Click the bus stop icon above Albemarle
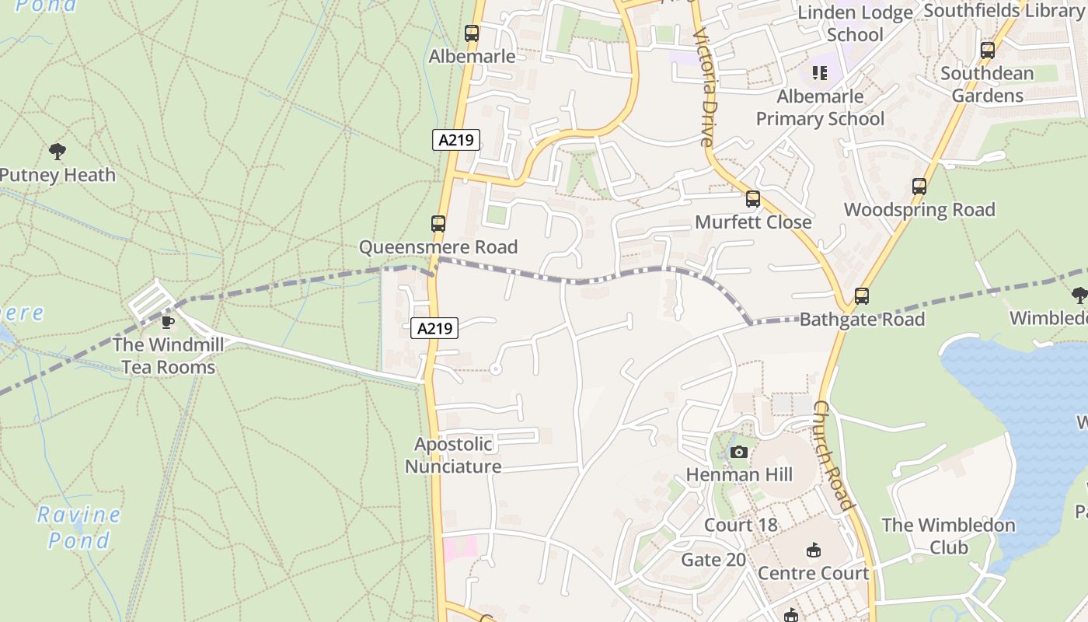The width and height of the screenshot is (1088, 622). (x=472, y=33)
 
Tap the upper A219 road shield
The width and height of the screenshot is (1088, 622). (x=455, y=140)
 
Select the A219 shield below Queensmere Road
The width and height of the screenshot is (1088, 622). (x=434, y=328)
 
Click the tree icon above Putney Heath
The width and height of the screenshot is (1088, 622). (x=57, y=151)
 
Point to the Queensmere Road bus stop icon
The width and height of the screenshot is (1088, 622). (x=438, y=224)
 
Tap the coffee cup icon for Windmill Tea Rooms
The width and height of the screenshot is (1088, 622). (x=166, y=322)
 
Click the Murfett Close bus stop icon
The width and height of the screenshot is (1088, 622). (x=752, y=199)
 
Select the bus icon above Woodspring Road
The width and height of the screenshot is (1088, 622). (x=919, y=187)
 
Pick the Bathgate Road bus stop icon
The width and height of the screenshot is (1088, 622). (x=861, y=296)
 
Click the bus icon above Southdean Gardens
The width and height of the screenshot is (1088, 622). (x=987, y=51)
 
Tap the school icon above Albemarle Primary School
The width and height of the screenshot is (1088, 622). (x=820, y=73)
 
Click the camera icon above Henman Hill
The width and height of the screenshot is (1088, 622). (x=739, y=452)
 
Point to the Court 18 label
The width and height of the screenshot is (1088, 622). (x=741, y=525)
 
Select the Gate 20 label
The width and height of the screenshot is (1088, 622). (x=713, y=560)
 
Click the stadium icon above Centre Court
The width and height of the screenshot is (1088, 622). (x=813, y=550)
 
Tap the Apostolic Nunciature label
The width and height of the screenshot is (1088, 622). (x=453, y=456)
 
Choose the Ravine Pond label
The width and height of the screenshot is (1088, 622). (x=78, y=527)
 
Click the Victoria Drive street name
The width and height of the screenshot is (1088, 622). (x=706, y=87)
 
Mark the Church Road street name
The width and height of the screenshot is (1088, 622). (x=833, y=456)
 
